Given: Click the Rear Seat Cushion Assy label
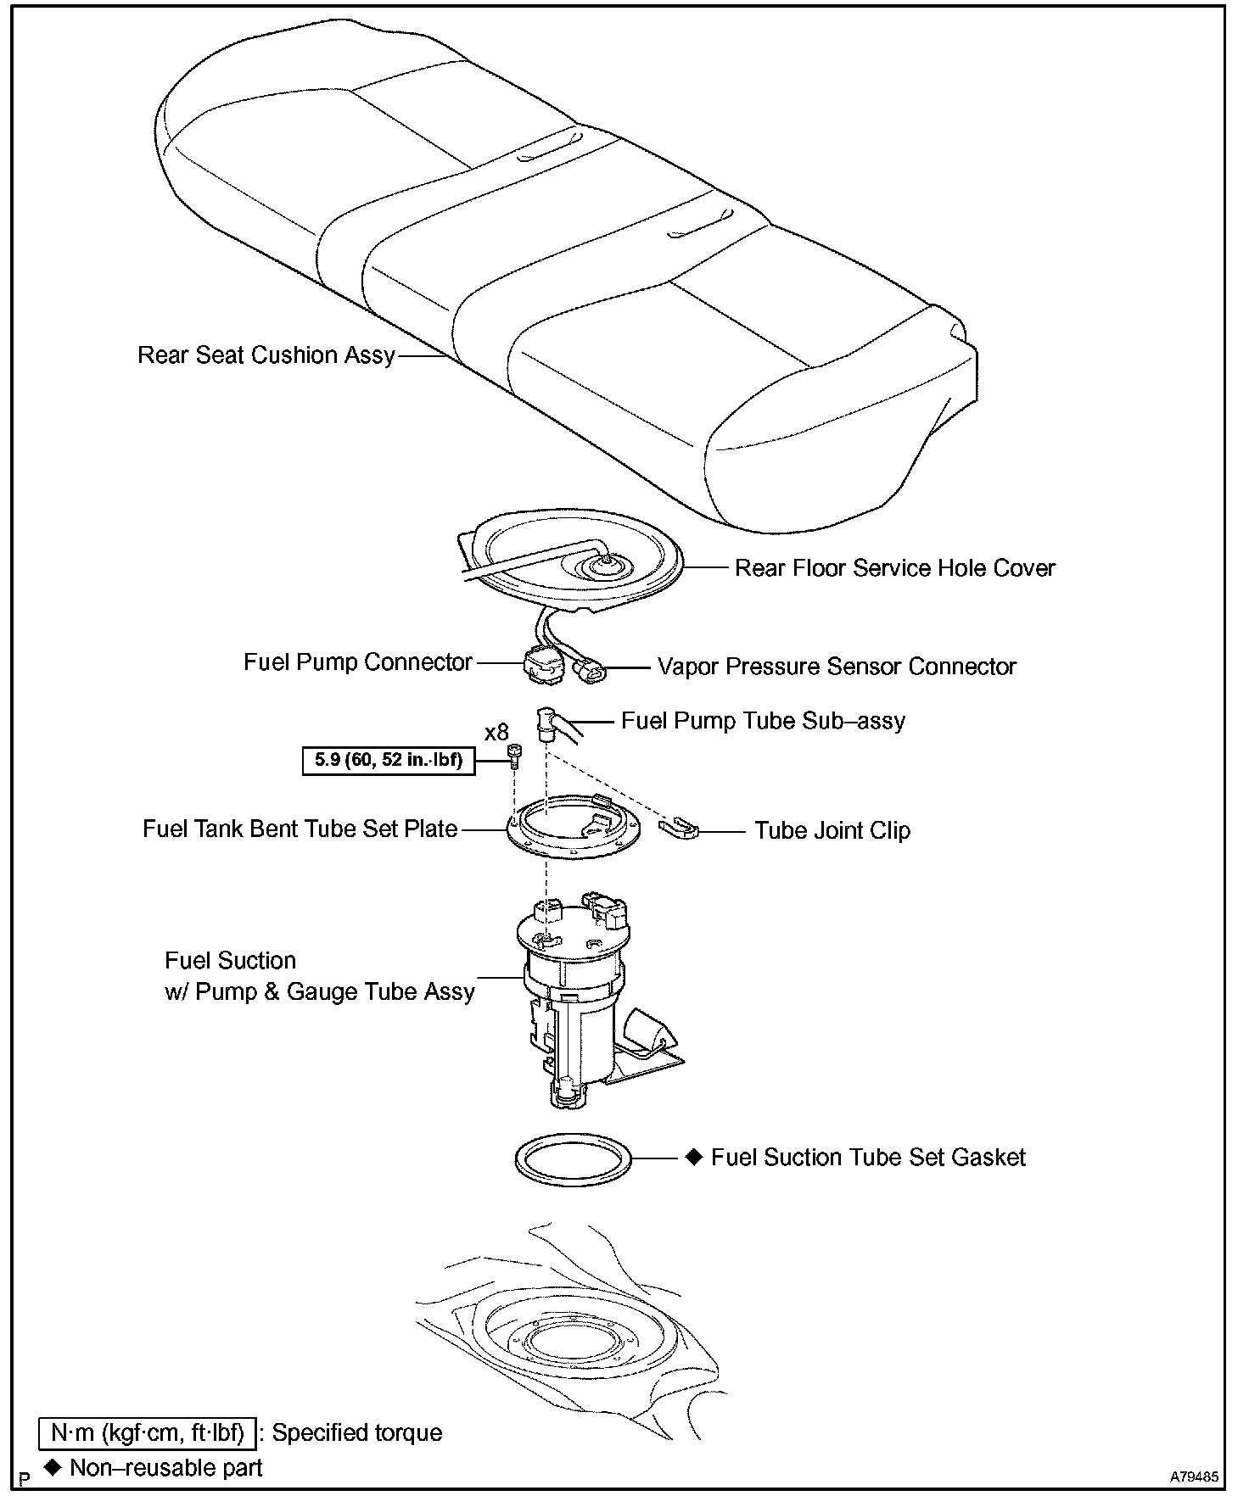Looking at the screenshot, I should (x=266, y=355).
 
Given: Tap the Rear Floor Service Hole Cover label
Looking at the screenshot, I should (x=894, y=568).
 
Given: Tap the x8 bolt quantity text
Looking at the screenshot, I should (x=496, y=732).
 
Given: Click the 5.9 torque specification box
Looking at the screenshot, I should (x=388, y=760).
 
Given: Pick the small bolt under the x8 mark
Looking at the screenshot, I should (x=514, y=754).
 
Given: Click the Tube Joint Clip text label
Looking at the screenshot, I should (x=832, y=830).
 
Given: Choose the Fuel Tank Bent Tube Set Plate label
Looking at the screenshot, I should (x=300, y=829).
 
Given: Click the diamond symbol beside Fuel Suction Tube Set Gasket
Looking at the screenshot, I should (x=694, y=1157).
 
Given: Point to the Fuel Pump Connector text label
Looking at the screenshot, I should (x=357, y=661).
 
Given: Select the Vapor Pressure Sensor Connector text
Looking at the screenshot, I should (x=837, y=667).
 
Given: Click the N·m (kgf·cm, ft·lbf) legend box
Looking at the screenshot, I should (x=147, y=1432).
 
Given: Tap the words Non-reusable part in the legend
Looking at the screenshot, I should (x=166, y=1468).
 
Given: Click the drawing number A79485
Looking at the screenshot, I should (x=1196, y=1476).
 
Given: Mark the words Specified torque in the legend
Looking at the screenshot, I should (x=357, y=1432).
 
